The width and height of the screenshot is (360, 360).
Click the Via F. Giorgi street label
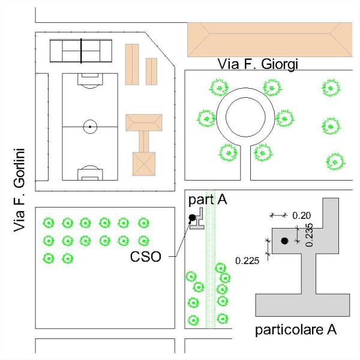(x=257, y=64)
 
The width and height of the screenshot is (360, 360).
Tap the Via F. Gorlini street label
(x=19, y=190)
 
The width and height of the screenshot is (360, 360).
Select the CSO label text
(x=146, y=256)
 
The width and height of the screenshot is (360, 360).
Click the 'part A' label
(x=208, y=200)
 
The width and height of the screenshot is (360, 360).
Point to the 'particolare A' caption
(x=296, y=330)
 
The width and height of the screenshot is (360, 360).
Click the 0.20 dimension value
(x=301, y=215)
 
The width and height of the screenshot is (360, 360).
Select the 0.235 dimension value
(x=310, y=235)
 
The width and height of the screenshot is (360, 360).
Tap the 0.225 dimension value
(x=247, y=261)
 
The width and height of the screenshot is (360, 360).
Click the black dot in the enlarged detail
(x=284, y=241)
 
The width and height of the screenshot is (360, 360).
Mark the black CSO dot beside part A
(x=192, y=217)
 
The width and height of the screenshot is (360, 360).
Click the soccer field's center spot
(x=90, y=127)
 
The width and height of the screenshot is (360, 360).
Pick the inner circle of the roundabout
(x=245, y=97)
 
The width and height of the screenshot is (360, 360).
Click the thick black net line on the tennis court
(x=81, y=51)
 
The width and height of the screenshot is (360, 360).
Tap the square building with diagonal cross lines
(x=144, y=164)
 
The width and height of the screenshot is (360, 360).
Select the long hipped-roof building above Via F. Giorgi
(x=270, y=40)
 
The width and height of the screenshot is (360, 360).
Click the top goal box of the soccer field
(x=90, y=79)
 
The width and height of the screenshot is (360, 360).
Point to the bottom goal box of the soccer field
(x=90, y=175)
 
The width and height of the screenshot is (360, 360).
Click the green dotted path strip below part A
(x=211, y=259)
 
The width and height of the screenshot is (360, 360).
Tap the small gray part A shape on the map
(x=197, y=219)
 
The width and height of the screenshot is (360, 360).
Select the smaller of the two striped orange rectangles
(x=152, y=71)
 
